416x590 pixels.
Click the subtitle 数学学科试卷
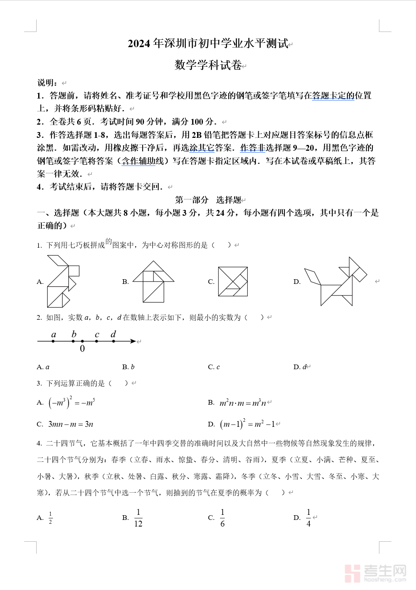[208, 65]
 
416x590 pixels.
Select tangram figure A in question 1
[62, 281]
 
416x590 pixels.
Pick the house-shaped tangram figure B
[153, 282]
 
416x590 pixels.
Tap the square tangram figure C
[233, 281]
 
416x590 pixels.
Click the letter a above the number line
[54, 334]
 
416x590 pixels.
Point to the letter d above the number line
[113, 334]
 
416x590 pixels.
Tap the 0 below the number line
[82, 349]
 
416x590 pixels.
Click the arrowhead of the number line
[133, 342]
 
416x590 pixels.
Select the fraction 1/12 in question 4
[138, 518]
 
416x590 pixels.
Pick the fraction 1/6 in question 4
[222, 518]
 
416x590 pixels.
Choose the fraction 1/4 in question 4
[308, 518]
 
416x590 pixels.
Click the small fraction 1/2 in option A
[51, 518]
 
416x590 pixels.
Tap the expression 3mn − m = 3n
[71, 424]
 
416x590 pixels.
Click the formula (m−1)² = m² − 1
[247, 424]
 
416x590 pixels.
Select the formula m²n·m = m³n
[243, 403]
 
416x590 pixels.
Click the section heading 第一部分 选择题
[208, 200]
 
